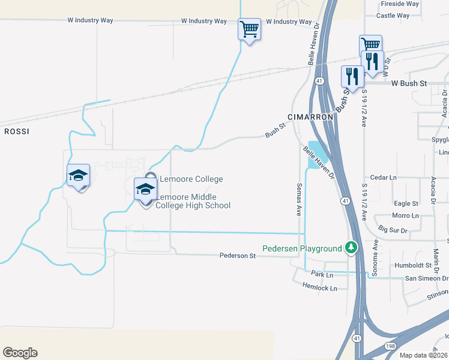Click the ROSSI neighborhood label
17,130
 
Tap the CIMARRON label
310,116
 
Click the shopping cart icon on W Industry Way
249,28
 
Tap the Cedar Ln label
384,178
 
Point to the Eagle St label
406,204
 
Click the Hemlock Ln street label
320,288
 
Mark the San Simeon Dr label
427,278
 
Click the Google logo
20,353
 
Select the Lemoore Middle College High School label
193,202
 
